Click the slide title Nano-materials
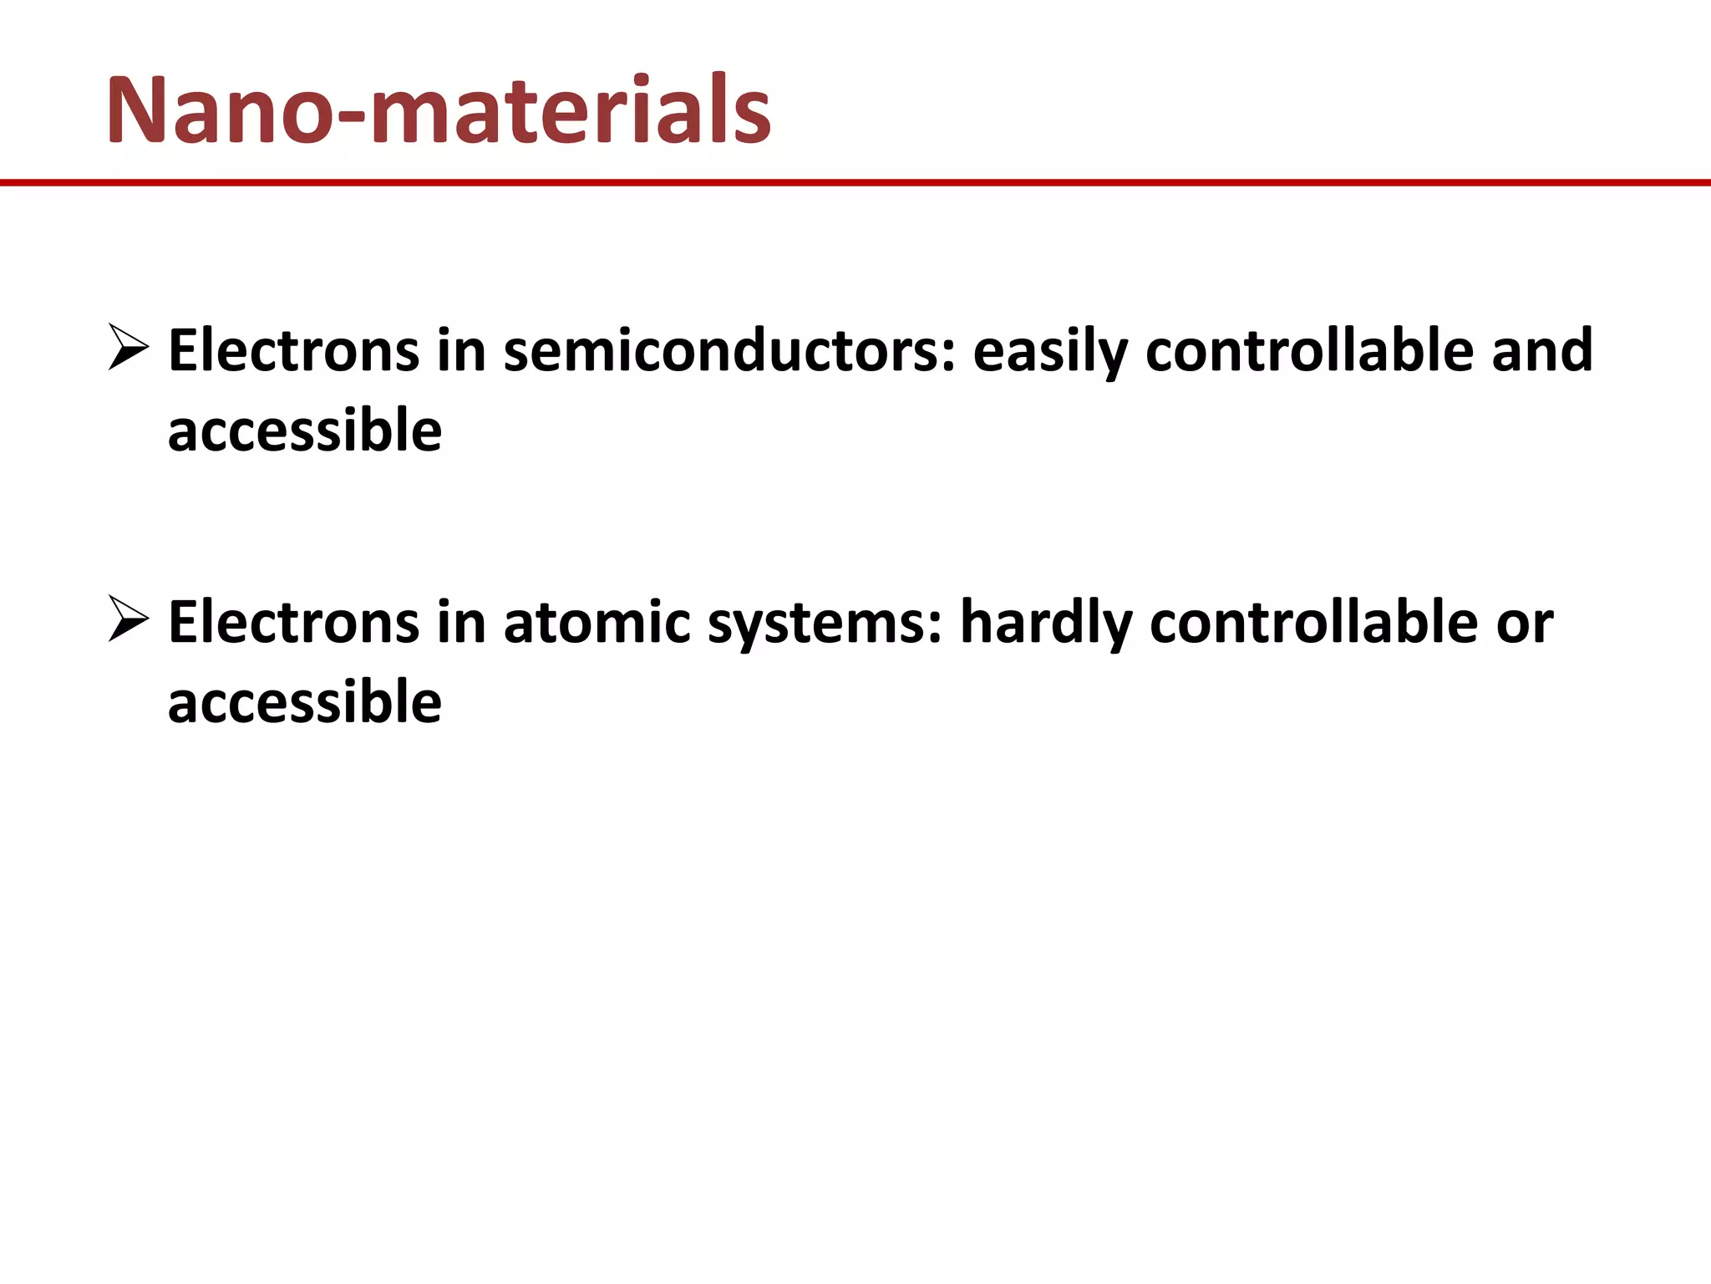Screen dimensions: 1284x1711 [x=439, y=111]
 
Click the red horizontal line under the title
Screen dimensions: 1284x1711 [x=855, y=182]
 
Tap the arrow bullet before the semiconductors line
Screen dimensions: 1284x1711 [x=129, y=349]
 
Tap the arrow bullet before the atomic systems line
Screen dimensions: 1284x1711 [x=129, y=621]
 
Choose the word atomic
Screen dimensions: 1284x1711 [x=597, y=624]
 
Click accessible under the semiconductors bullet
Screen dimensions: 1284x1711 [x=305, y=431]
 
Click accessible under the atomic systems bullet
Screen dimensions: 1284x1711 [x=305, y=703]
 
